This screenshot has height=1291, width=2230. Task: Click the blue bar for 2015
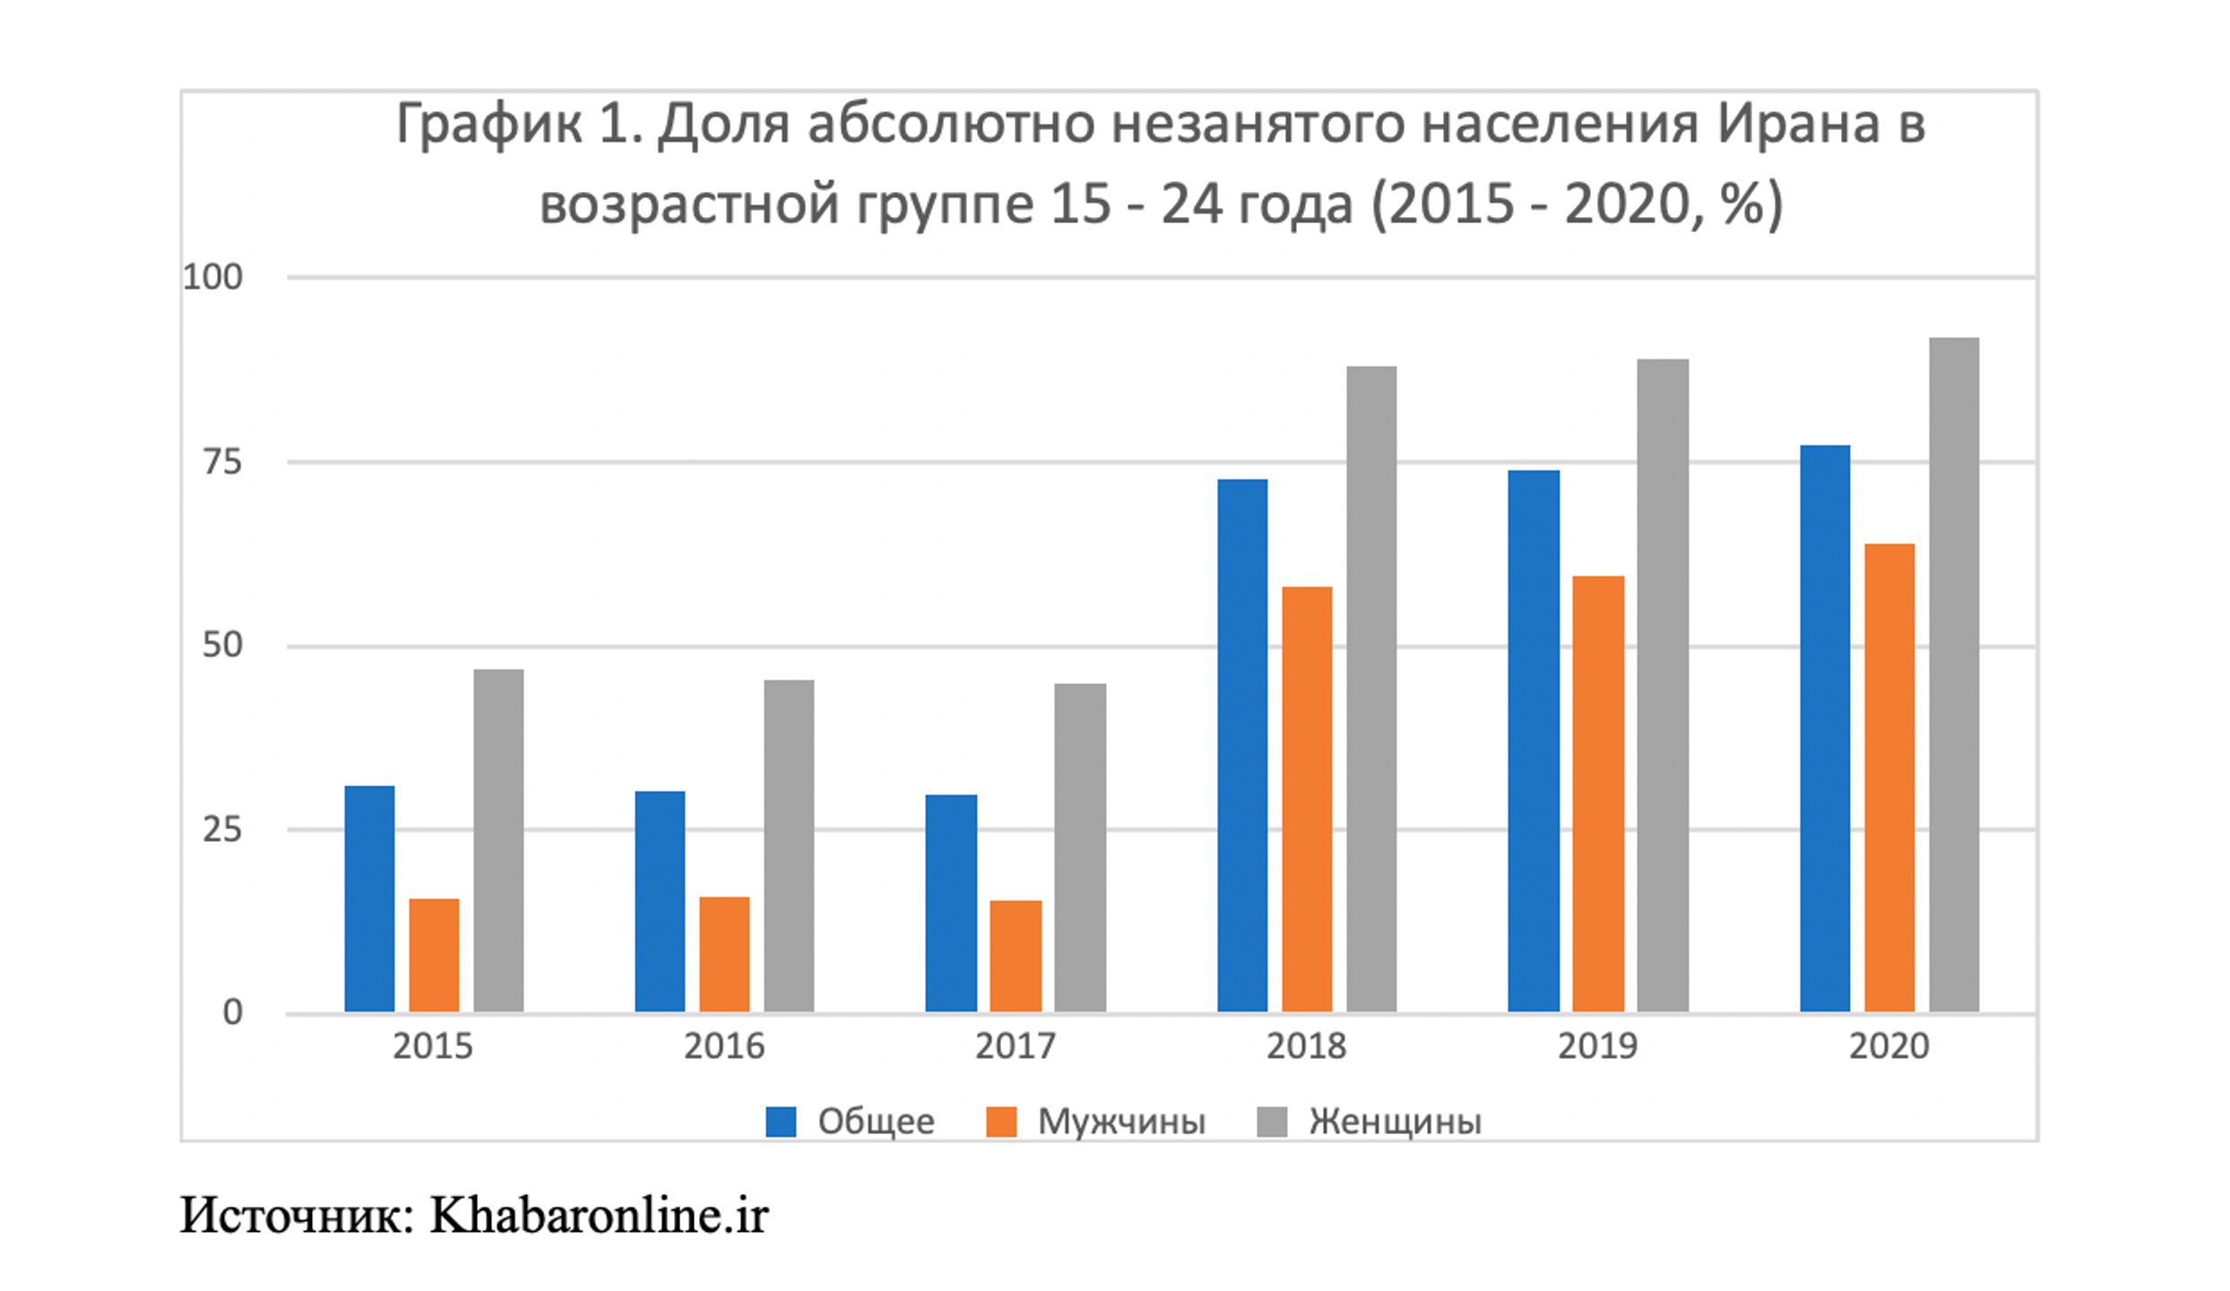point(369,899)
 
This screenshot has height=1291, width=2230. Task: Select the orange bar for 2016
point(724,955)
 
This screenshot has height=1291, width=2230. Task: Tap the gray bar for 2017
point(1080,848)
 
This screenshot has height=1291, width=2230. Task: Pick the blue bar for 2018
point(1242,746)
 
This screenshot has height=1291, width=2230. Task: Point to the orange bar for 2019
point(1598,794)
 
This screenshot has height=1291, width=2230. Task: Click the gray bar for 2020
point(1954,675)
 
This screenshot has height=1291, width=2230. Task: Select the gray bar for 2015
point(498,841)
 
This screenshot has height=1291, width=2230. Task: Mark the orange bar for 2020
point(1889,778)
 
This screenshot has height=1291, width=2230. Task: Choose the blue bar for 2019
point(1534,741)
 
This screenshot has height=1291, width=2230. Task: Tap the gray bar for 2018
point(1371,689)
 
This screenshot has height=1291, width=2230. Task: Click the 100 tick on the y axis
point(213,278)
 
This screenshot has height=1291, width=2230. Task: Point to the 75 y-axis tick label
point(222,463)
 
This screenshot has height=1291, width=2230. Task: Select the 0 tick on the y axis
point(232,1013)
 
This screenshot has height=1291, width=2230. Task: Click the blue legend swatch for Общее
point(781,1122)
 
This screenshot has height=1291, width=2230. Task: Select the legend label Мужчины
point(1121,1122)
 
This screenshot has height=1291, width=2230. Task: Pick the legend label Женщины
point(1396,1122)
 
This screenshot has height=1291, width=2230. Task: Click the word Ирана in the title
point(1799,124)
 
